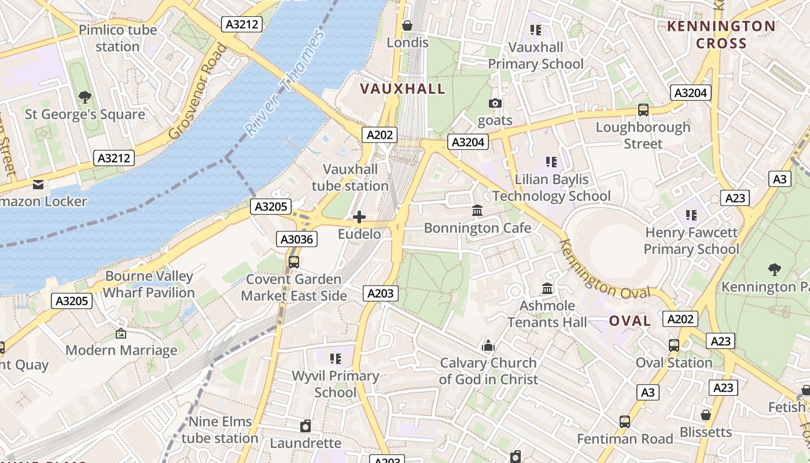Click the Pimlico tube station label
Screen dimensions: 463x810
(x=117, y=38)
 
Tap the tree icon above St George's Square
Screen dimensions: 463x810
(x=85, y=97)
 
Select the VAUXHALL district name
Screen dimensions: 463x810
(x=403, y=89)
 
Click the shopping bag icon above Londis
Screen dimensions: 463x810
(x=407, y=25)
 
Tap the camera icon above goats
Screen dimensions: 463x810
(x=495, y=104)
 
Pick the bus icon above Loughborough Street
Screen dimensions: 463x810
(x=643, y=110)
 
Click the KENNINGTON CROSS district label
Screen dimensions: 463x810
(x=721, y=35)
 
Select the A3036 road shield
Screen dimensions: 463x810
(x=298, y=239)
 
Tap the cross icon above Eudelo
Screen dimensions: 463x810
(x=359, y=217)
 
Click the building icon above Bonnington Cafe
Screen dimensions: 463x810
(x=477, y=211)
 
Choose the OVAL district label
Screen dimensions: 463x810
(x=629, y=321)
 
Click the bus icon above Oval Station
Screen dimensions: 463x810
(x=674, y=346)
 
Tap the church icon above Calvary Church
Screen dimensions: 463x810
(x=488, y=346)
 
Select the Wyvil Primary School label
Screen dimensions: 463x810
(x=335, y=384)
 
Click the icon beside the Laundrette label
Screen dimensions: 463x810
(x=305, y=427)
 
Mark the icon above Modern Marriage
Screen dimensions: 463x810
(x=121, y=333)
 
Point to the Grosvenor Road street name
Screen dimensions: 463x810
(x=197, y=91)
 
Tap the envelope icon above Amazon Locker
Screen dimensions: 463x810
(x=38, y=185)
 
